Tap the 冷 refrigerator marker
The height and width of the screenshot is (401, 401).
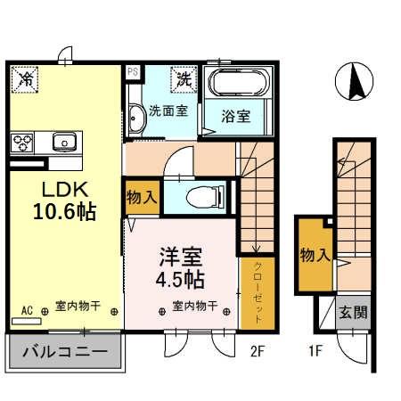tap(26, 79)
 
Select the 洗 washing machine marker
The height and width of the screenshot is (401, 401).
tap(184, 79)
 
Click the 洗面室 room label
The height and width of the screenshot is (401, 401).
tap(167, 112)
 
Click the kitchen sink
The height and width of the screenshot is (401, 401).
tap(64, 141)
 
